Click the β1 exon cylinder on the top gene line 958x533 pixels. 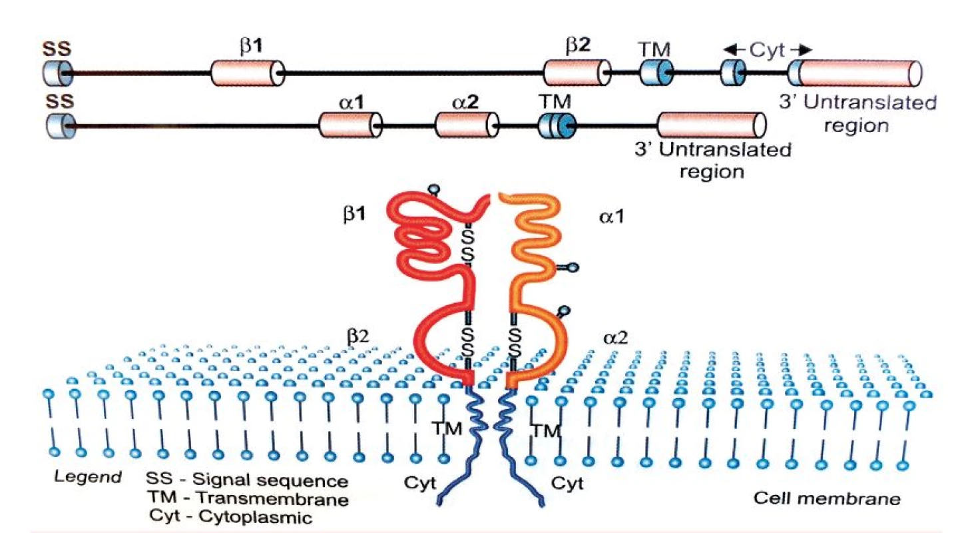(x=248, y=73)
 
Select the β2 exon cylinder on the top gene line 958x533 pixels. (x=577, y=73)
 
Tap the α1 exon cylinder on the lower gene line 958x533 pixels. (x=350, y=125)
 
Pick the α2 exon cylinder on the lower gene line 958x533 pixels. (x=467, y=125)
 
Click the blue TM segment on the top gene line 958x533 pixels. (x=657, y=73)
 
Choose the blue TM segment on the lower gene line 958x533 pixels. (x=557, y=126)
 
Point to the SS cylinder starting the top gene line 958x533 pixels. (x=58, y=73)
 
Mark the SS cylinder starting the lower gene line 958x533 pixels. (x=61, y=126)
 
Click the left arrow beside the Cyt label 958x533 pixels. (x=734, y=50)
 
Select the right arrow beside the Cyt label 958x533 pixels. (x=801, y=50)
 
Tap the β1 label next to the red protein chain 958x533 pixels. (x=355, y=213)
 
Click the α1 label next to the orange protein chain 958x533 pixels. (x=612, y=217)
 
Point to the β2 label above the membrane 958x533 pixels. (x=358, y=336)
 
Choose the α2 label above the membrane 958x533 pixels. (x=616, y=338)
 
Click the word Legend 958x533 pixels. (x=88, y=476)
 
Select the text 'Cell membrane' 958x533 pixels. (x=827, y=498)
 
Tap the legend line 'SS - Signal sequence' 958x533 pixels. (x=247, y=480)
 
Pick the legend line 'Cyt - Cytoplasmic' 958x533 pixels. (x=230, y=517)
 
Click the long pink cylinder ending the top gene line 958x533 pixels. (x=855, y=73)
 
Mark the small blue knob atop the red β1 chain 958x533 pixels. (x=435, y=189)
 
